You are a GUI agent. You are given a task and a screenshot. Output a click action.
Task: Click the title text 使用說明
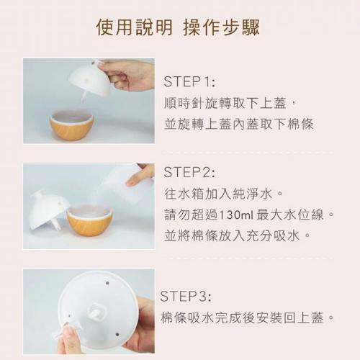pyautogui.click(x=134, y=27)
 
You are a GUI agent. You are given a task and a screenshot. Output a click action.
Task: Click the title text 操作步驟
pyautogui.click(x=221, y=27)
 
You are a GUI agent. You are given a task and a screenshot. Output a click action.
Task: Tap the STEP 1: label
pyautogui.click(x=189, y=81)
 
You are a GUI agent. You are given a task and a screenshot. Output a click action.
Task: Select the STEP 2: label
pyautogui.click(x=189, y=172)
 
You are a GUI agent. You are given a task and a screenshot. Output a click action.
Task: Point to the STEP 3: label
pyautogui.click(x=186, y=296)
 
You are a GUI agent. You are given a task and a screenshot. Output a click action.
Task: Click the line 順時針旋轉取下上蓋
pyautogui.click(x=225, y=103)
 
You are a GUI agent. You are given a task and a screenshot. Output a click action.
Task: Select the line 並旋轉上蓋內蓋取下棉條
pyautogui.click(x=239, y=124)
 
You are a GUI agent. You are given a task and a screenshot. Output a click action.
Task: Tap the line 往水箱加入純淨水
pyautogui.click(x=218, y=194)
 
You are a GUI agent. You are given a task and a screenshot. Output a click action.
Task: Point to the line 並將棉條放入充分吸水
pyautogui.click(x=232, y=235)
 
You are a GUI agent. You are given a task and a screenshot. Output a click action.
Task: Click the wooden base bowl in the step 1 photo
pyautogui.click(x=71, y=125)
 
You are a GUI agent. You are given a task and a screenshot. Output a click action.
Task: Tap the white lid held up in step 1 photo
pyautogui.click(x=89, y=78)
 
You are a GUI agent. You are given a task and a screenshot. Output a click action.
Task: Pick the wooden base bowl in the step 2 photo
pyautogui.click(x=89, y=220)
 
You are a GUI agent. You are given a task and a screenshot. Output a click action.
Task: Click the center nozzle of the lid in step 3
pyautogui.click(x=96, y=311)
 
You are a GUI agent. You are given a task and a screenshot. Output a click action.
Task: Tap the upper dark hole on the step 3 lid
pyautogui.click(x=107, y=283)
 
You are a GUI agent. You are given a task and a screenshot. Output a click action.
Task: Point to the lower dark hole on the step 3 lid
pyautogui.click(x=117, y=334)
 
